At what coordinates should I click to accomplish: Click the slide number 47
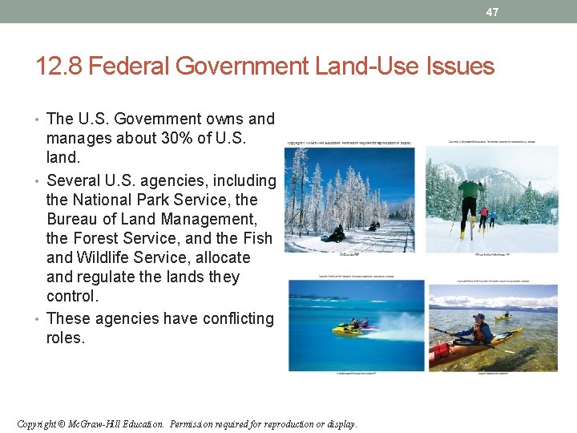point(492,12)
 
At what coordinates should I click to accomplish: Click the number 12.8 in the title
point(59,66)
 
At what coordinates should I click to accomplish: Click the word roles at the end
point(66,338)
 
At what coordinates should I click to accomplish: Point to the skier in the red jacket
point(483,216)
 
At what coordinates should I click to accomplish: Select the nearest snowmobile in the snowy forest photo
point(335,233)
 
